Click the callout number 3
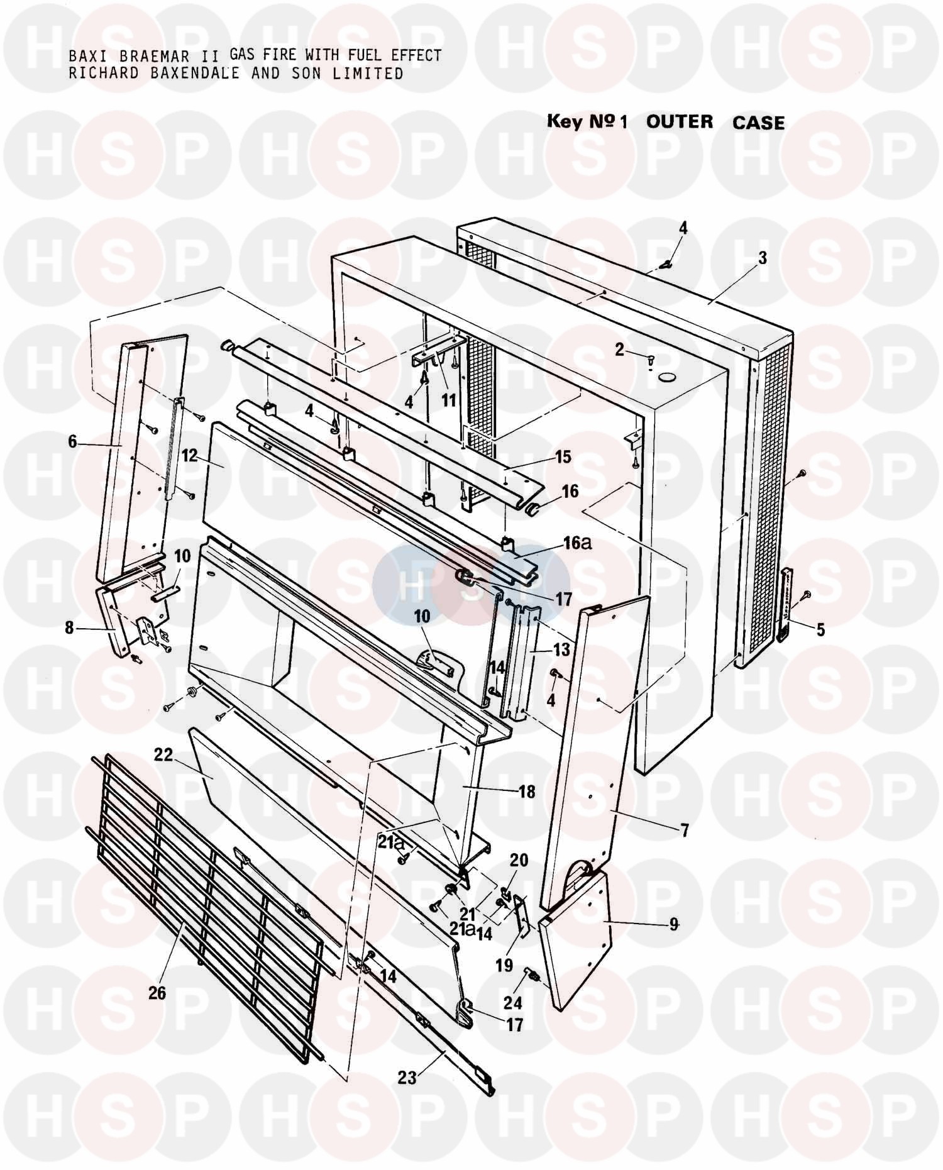(762, 258)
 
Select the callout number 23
(407, 1077)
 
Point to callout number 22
(163, 755)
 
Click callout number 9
(674, 925)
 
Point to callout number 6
(72, 442)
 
